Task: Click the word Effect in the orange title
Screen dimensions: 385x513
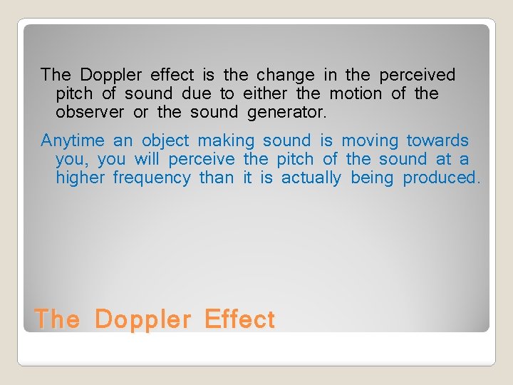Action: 239,319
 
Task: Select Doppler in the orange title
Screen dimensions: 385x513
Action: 142,319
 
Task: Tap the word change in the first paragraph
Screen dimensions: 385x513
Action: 285,75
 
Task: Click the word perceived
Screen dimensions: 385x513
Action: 417,75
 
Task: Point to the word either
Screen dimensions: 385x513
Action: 265,93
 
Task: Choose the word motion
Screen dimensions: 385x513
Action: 356,93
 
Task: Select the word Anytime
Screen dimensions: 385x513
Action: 73,140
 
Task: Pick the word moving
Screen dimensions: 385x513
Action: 370,140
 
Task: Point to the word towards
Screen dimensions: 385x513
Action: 437,140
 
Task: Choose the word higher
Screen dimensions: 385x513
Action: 81,178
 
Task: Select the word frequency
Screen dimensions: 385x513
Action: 152,178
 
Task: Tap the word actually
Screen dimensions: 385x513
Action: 311,178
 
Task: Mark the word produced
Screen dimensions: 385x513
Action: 441,178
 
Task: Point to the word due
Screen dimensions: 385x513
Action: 196,93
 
